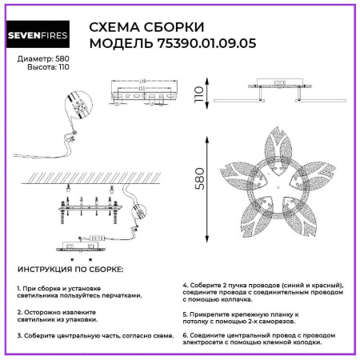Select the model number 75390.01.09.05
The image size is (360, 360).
coord(203,43)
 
